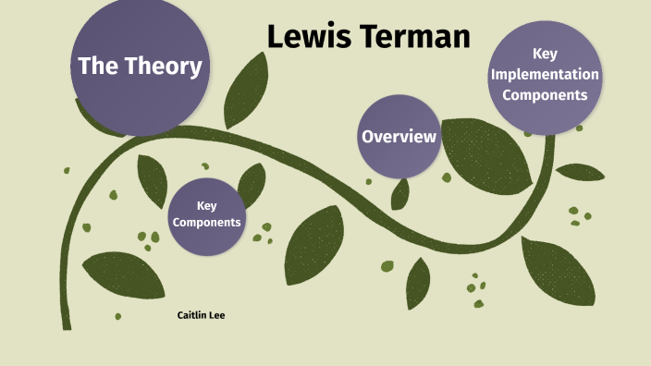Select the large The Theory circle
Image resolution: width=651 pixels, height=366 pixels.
point(140,67)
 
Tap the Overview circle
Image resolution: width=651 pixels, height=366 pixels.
point(399,137)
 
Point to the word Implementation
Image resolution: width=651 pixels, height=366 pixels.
point(545,74)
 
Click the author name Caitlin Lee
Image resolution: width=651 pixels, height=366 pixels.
point(201,315)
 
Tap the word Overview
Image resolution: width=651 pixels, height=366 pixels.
point(399,137)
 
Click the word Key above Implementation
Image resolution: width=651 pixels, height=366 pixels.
point(545,55)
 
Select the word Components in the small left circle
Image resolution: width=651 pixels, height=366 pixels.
point(207,222)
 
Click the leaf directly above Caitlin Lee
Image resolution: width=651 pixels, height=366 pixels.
point(120,274)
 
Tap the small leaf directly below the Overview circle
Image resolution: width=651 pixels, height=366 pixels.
point(401,193)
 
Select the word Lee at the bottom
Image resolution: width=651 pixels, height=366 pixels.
point(217,315)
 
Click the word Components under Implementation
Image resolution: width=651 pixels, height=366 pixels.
point(545,94)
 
